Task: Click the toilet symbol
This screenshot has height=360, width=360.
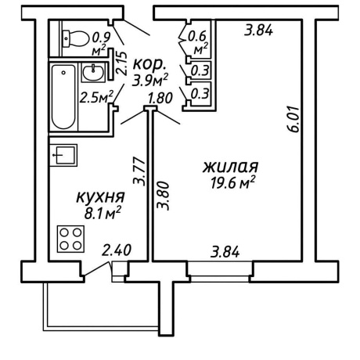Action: (75, 39)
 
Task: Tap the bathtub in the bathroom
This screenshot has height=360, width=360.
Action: (63, 96)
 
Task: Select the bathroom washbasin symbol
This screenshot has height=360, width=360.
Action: (93, 72)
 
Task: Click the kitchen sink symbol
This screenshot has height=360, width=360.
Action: (63, 155)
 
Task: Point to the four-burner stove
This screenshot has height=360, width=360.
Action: (70, 239)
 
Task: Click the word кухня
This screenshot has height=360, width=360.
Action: (100, 197)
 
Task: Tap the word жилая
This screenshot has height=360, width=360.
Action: (231, 167)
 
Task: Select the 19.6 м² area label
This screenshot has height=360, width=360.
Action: (232, 182)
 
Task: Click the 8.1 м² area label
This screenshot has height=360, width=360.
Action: (103, 213)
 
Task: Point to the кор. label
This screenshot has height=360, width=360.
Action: (149, 65)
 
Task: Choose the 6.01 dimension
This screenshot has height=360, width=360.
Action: (294, 119)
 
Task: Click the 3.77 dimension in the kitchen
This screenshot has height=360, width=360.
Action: (139, 171)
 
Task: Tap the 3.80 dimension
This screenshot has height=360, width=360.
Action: (164, 196)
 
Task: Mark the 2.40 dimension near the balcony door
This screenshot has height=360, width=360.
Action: (117, 250)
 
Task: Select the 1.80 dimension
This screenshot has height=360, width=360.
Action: (160, 99)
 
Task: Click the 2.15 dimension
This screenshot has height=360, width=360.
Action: (121, 63)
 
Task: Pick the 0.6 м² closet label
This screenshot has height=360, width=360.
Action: (198, 42)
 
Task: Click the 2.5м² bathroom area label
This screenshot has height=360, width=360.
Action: (96, 97)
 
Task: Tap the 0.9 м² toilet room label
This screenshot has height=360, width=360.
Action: (101, 44)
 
